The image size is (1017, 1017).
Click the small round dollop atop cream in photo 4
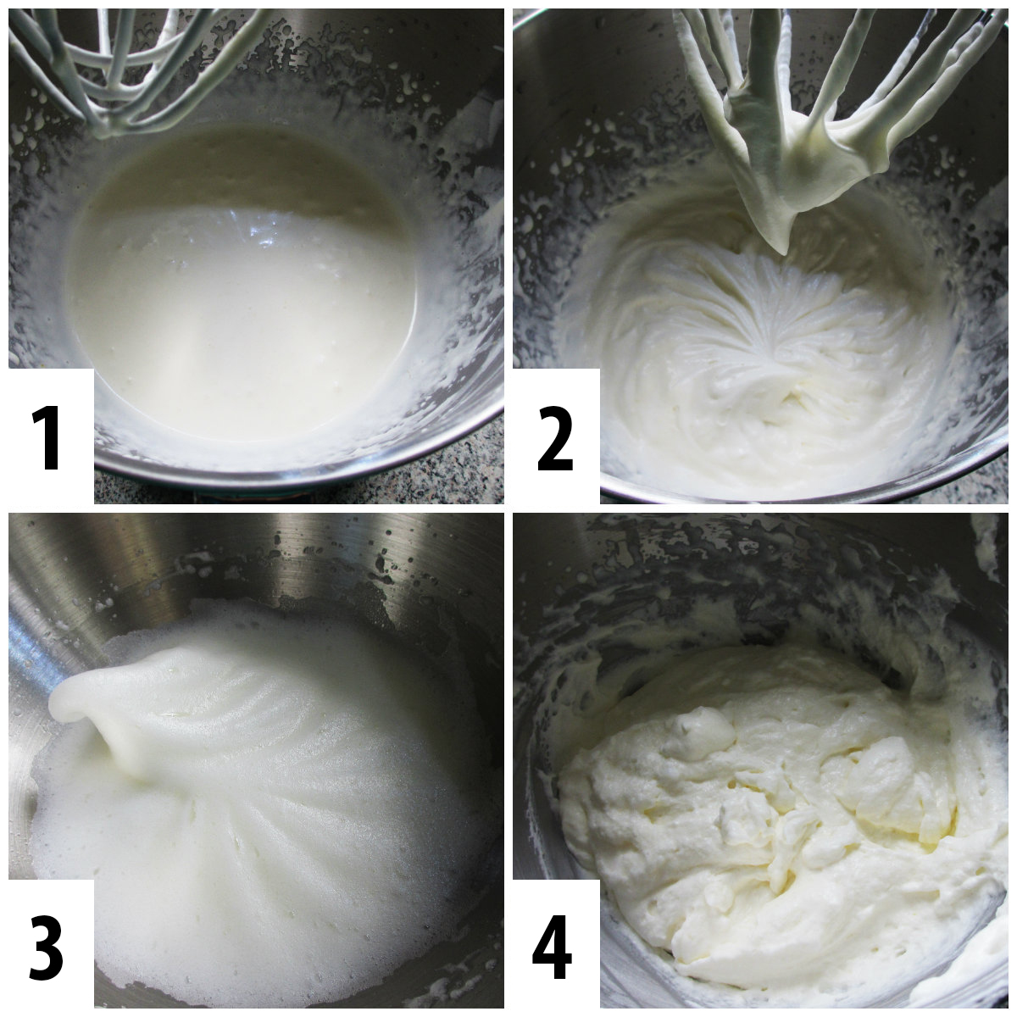click(703, 729)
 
